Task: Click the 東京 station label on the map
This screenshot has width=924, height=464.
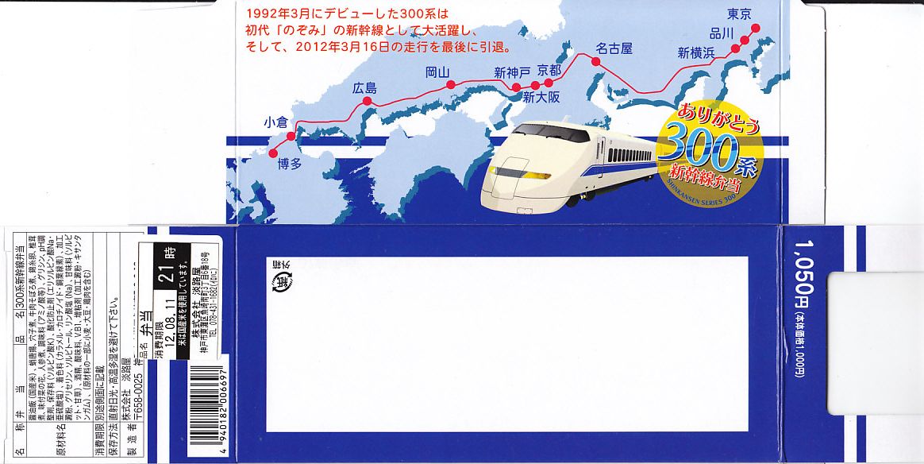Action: pos(744,14)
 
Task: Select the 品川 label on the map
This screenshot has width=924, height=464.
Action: pos(722,33)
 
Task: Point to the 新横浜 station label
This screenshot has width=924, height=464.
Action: pos(696,52)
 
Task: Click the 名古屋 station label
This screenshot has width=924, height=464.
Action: pos(614,48)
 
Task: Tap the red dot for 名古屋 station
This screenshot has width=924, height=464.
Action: pos(594,59)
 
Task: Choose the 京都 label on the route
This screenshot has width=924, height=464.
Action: pos(549,70)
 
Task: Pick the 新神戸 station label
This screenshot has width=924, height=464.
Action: pos(511,74)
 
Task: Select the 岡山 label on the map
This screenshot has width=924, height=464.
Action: pos(437,72)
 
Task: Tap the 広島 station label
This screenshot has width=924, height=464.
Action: pos(365,88)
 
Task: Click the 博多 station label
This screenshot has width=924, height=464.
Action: pos(290,164)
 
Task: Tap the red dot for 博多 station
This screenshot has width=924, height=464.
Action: pos(275,151)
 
